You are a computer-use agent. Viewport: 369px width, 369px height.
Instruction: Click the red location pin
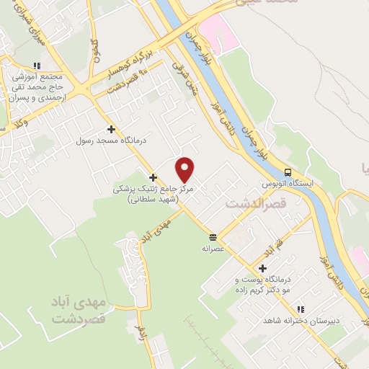185,169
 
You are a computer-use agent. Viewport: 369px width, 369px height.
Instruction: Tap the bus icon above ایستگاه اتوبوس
288,172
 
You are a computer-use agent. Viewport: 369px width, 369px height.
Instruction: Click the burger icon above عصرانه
213,236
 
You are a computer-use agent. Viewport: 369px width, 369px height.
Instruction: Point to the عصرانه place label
214,247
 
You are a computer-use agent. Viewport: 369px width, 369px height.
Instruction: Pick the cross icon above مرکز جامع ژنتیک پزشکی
152,177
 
